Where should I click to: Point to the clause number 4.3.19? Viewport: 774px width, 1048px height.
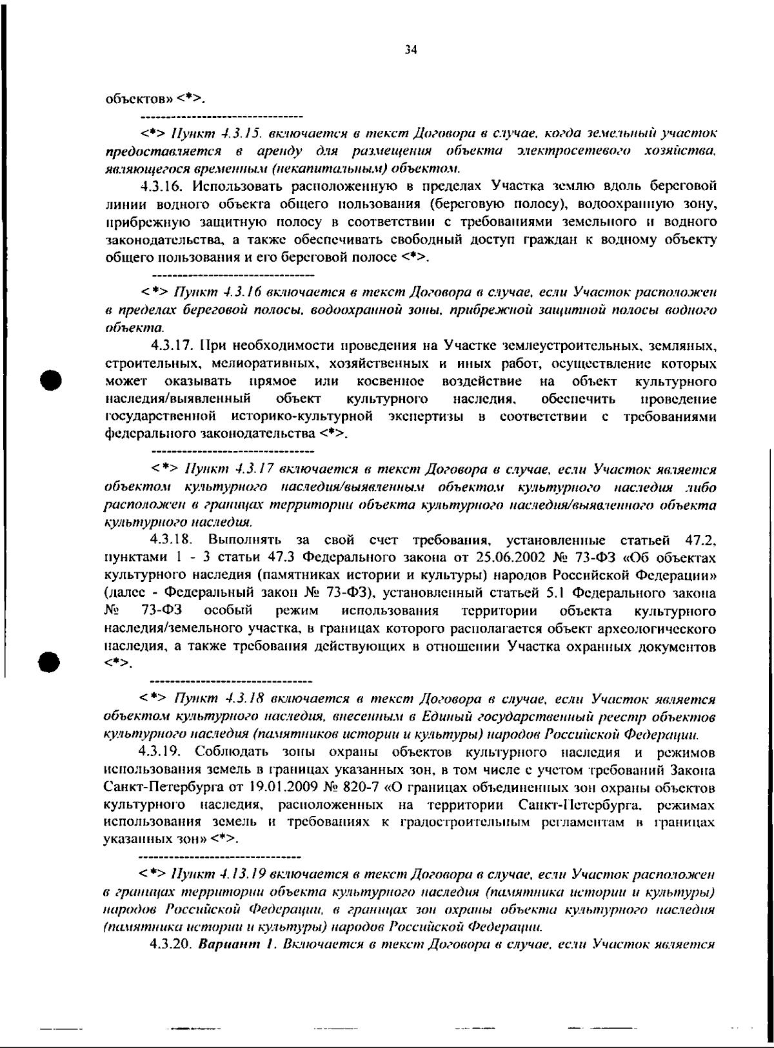[161, 752]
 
